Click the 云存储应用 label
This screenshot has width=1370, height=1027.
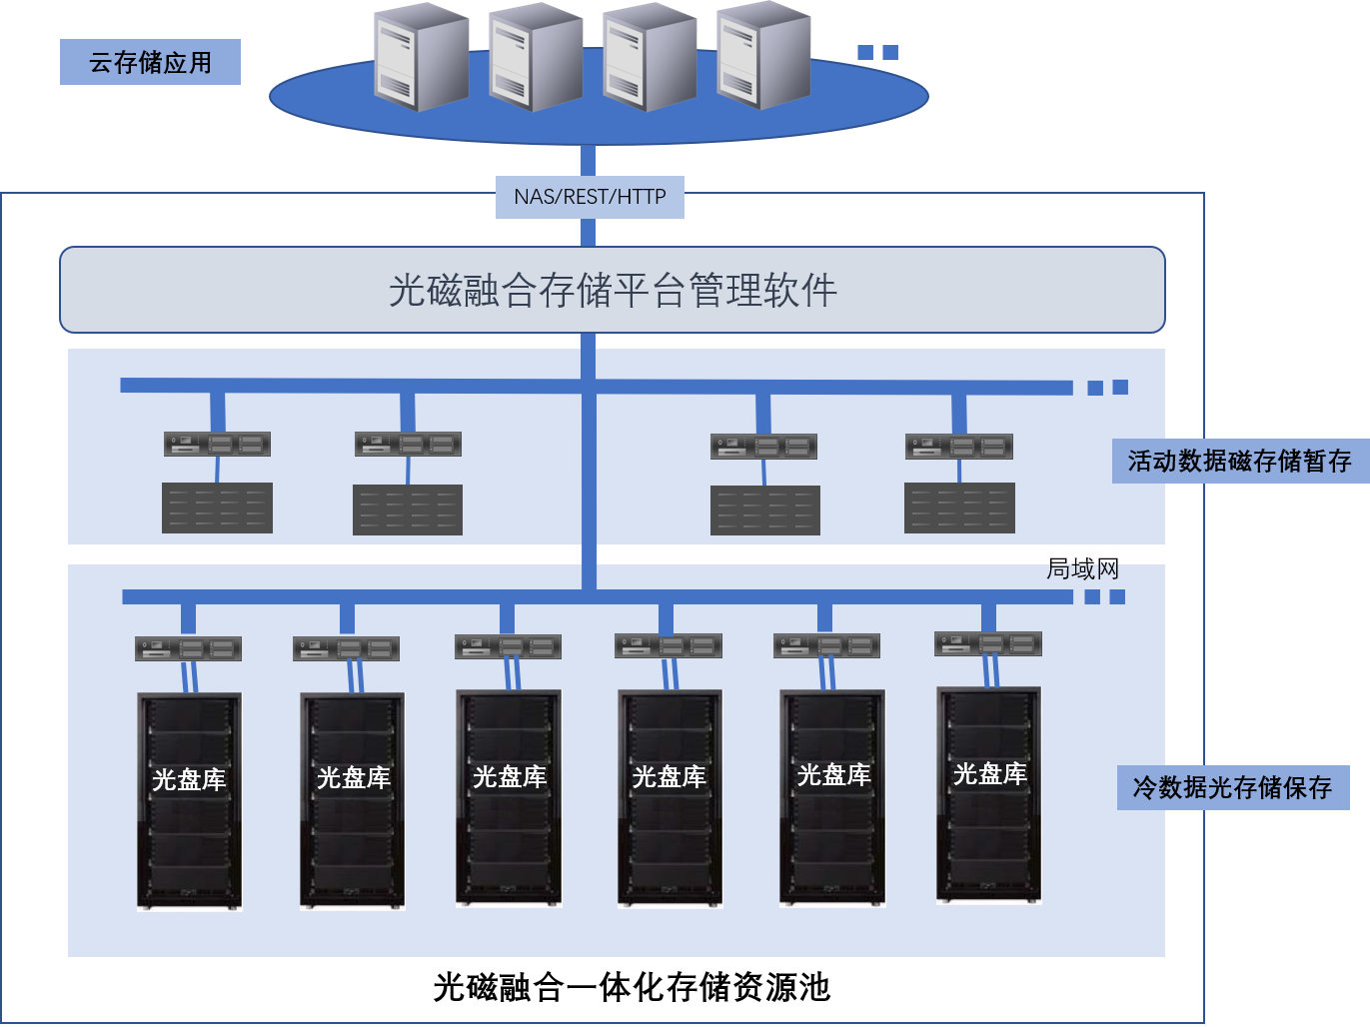coord(150,62)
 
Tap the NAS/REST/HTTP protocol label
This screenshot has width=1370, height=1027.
coord(590,197)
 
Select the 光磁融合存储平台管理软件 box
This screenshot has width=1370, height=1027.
coord(612,290)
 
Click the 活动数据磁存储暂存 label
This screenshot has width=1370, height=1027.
coord(1239,462)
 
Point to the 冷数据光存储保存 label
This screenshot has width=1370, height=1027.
coord(1232,787)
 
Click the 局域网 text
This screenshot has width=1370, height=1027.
coord(1082,568)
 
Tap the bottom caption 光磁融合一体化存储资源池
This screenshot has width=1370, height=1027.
coord(632,987)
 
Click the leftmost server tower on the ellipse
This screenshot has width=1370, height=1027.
coord(421,57)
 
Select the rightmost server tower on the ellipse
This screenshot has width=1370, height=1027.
coord(763,55)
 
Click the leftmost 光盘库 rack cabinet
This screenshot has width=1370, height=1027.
coord(189,801)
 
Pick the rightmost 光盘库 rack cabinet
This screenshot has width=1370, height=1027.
coord(989,795)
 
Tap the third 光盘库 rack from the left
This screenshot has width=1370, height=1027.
coord(509,798)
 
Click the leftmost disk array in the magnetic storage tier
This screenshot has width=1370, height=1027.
coord(217,509)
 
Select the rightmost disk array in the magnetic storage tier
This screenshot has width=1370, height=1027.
coord(959,509)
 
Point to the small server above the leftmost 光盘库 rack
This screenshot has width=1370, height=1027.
coord(189,648)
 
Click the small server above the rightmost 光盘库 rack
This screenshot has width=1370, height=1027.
coord(988,644)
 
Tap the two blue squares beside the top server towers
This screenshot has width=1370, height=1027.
coord(878,52)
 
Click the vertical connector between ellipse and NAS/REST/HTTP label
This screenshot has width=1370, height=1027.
coord(588,161)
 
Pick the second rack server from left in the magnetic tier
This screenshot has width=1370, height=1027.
coord(408,444)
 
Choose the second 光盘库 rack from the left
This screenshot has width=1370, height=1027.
coord(352,801)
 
